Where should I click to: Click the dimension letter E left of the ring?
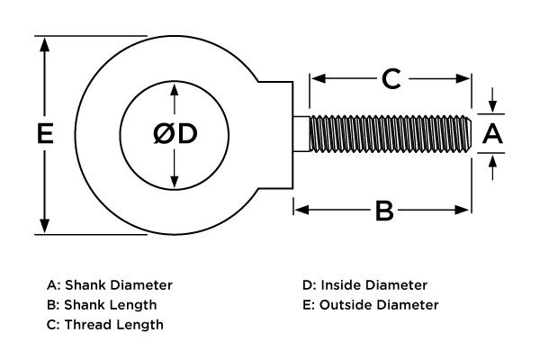43,134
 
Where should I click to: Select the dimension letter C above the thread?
390,79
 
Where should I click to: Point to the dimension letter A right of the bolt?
492,134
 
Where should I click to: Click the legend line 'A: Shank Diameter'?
109,285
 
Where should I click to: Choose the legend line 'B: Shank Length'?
101,305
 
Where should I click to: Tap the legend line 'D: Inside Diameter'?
364,285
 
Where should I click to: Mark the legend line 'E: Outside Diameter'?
371,305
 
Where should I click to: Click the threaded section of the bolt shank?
391,134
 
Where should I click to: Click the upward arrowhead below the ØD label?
174,180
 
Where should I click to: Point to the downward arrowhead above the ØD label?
174,89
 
